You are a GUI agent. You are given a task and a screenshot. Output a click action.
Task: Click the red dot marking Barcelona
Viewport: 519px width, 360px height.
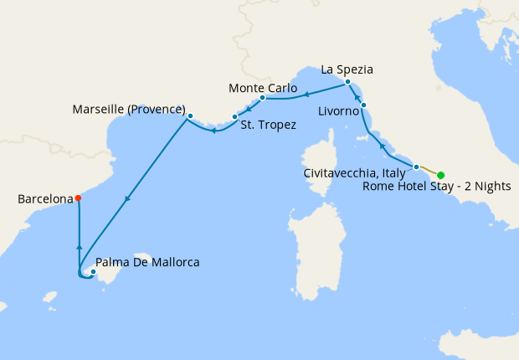click(78, 198)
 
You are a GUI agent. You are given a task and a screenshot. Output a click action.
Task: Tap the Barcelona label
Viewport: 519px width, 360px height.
click(44, 199)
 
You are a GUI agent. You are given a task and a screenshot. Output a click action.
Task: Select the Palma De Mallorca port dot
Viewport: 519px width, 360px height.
click(94, 271)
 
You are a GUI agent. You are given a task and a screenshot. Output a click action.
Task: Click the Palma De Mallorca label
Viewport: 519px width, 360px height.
click(148, 262)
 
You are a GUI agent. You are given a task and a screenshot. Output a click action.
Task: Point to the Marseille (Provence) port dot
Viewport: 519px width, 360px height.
click(190, 116)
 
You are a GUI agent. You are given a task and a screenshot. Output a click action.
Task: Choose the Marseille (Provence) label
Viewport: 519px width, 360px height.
click(128, 109)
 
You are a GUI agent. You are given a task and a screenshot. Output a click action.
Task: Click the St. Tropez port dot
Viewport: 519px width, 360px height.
click(234, 116)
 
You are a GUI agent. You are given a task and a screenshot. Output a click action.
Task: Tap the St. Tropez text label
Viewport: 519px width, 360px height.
click(268, 126)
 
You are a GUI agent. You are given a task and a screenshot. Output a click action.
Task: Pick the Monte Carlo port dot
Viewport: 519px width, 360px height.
click(262, 97)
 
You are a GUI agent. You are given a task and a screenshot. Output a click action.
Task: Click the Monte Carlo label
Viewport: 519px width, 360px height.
click(260, 87)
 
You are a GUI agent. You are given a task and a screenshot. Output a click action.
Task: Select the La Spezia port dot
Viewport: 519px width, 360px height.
click(347, 81)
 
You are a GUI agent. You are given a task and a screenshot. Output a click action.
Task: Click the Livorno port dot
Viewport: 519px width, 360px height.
click(363, 105)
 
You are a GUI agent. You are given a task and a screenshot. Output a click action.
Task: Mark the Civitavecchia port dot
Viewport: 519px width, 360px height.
click(416, 167)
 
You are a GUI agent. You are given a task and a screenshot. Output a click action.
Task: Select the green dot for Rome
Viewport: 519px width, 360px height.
click(441, 175)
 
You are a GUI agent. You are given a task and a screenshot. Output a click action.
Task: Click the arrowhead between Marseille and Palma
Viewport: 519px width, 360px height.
click(126, 199)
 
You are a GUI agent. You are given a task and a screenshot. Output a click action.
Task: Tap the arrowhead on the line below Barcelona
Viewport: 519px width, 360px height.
click(78, 247)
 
